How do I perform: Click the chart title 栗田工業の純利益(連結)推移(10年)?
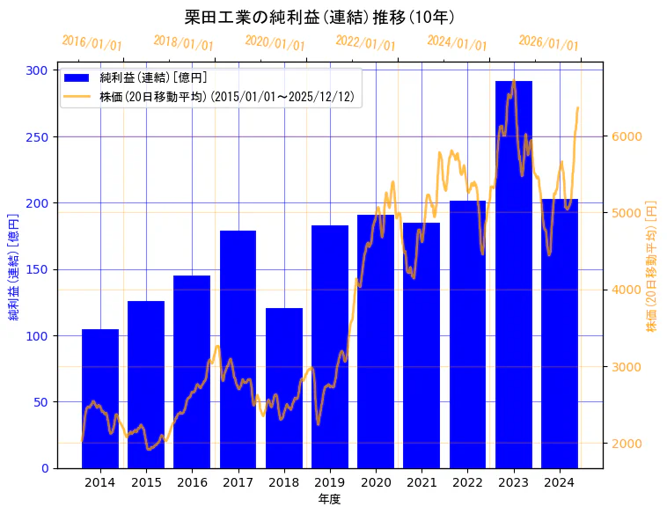click(x=319, y=17)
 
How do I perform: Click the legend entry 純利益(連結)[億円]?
click(x=153, y=78)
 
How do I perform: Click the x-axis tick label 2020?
click(x=376, y=482)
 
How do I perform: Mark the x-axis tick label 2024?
click(x=560, y=482)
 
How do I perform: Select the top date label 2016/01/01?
click(x=92, y=43)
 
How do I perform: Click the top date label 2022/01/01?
click(x=366, y=42)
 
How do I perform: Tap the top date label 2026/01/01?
click(x=549, y=43)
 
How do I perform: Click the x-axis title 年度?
click(x=329, y=499)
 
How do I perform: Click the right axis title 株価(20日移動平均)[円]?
click(x=652, y=265)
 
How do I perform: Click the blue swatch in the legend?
click(x=77, y=78)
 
